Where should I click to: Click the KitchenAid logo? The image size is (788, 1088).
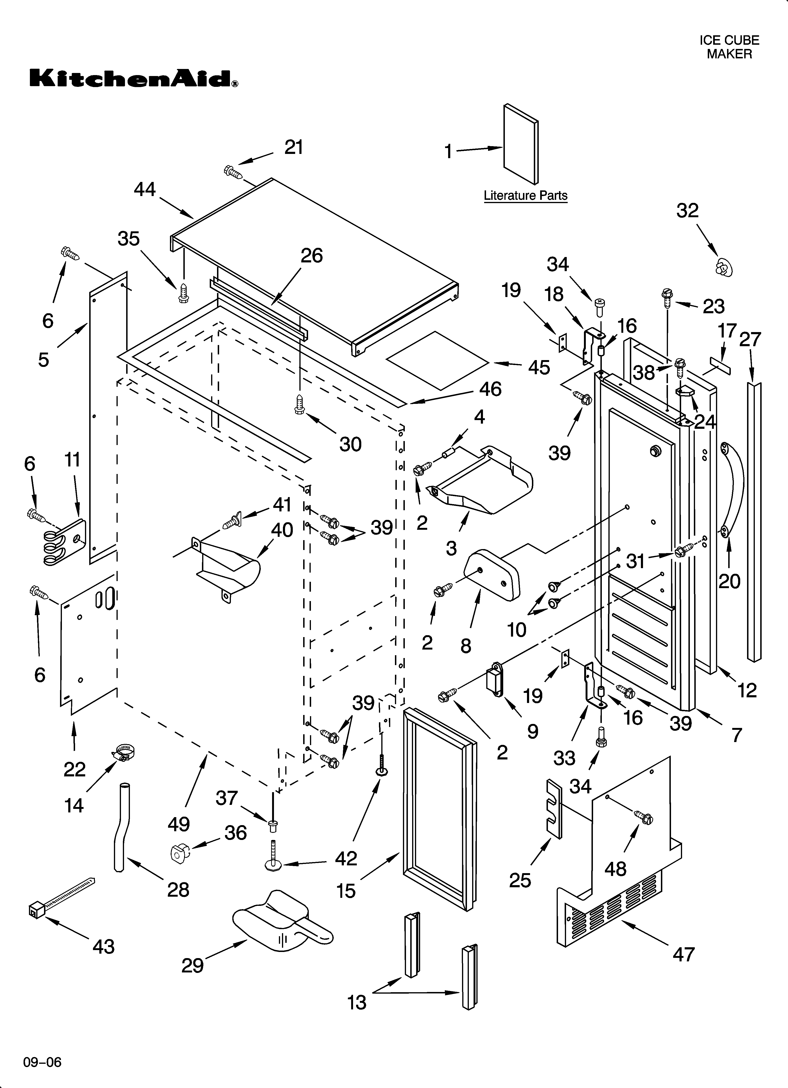coord(133,78)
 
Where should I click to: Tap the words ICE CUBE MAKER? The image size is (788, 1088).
coord(729,47)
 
